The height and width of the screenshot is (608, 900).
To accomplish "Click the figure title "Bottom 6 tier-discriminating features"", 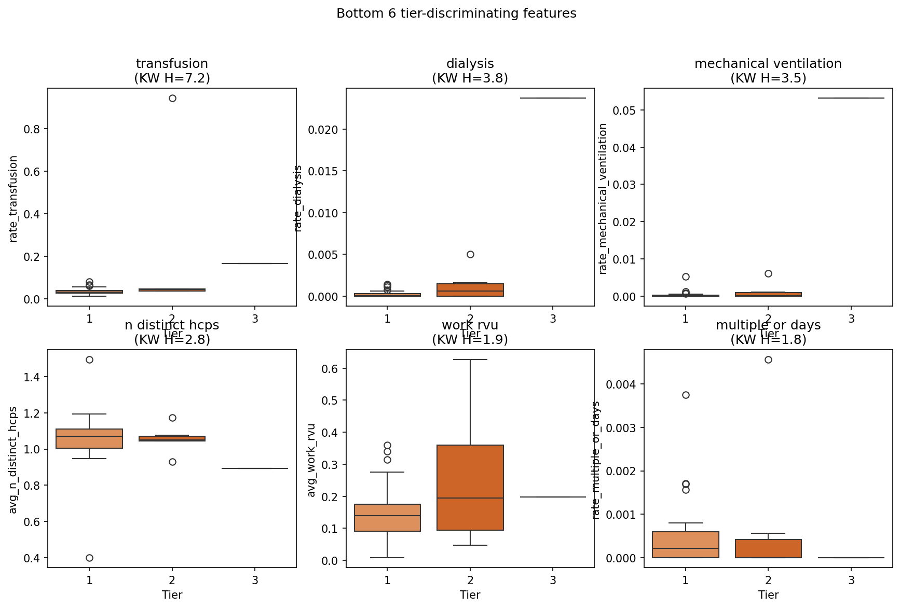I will (x=456, y=13).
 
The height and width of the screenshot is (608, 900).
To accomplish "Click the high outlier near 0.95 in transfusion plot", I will (x=172, y=98).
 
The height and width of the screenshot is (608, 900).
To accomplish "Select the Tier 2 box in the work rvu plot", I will (x=470, y=488).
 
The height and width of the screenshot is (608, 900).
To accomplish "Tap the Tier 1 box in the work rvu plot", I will (x=387, y=518).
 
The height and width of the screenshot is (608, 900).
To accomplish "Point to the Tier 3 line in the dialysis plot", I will (x=553, y=98).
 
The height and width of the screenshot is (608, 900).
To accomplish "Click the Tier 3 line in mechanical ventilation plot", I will (x=851, y=98).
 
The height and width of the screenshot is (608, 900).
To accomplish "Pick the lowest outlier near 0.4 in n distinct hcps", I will (x=89, y=558).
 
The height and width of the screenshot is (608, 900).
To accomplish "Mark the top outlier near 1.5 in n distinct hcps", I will (x=89, y=360).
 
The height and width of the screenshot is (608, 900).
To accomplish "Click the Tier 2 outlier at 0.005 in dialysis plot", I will (x=470, y=254).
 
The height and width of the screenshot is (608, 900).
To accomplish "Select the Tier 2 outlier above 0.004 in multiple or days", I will (x=768, y=360).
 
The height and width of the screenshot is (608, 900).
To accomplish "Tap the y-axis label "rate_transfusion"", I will (x=13, y=199).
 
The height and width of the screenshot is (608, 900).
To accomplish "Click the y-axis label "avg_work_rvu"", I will (x=311, y=460).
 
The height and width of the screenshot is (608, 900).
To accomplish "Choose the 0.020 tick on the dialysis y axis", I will (x=323, y=129).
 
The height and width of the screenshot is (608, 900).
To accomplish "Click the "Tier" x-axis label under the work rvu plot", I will (x=470, y=595).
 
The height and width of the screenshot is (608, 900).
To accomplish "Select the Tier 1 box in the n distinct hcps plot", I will (x=89, y=438).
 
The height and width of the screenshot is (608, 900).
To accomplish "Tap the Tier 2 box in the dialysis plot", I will (x=470, y=290).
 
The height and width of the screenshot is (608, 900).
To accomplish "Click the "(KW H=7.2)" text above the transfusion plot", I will (x=172, y=78).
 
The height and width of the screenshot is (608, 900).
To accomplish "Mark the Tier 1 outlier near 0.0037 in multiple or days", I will (x=686, y=395).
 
